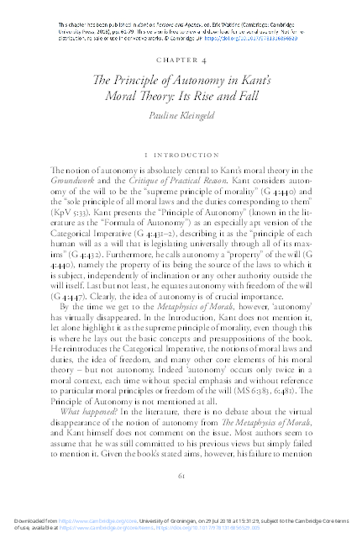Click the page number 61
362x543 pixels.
[181, 477]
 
